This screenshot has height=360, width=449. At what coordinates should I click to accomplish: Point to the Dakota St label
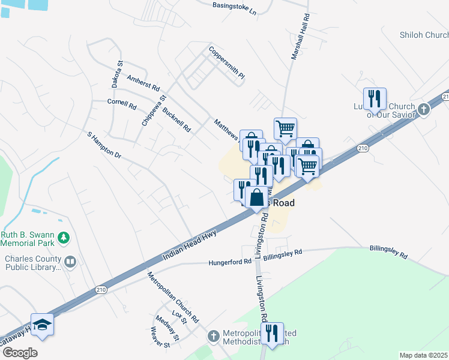point(117,71)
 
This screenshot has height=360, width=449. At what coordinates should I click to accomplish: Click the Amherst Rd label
point(143,83)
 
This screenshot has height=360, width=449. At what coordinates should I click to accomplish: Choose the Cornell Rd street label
point(122,104)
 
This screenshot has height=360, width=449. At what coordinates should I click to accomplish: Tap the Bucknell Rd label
point(177,119)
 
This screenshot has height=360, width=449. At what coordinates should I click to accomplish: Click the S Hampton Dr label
point(104,146)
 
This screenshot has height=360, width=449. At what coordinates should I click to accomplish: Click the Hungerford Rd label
point(230,262)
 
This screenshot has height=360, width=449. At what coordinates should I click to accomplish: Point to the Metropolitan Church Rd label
point(173,296)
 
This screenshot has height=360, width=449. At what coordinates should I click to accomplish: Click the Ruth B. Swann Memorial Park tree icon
point(63,239)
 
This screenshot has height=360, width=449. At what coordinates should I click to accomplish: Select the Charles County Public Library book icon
point(71,262)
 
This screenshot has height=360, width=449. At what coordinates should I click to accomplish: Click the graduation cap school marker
point(42,325)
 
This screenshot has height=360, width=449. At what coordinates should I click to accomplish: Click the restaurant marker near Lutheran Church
point(375,98)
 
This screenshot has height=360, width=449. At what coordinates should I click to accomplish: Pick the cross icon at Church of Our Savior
point(424,109)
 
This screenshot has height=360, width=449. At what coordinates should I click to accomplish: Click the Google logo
point(19,353)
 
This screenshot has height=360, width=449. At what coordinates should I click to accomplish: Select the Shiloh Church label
point(424,35)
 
